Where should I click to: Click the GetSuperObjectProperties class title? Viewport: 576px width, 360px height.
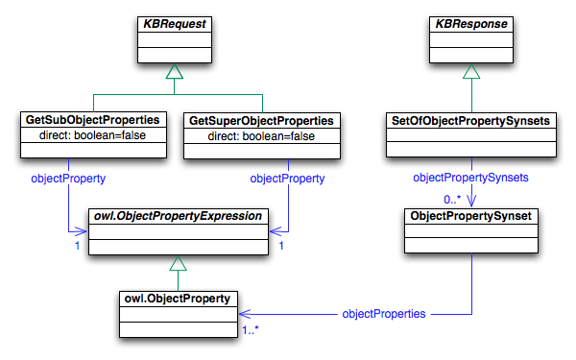(x=262, y=121)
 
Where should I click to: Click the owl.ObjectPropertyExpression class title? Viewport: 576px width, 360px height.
(x=178, y=217)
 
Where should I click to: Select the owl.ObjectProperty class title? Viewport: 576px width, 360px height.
(x=178, y=299)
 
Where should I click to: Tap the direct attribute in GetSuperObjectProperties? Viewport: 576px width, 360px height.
(x=262, y=136)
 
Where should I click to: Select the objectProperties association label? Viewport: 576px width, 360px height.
(x=384, y=314)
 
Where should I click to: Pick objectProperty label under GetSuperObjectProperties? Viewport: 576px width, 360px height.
(x=286, y=179)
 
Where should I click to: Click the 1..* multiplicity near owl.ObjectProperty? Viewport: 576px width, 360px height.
(x=252, y=329)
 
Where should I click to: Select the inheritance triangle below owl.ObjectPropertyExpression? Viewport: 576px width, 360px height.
(x=178, y=263)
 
